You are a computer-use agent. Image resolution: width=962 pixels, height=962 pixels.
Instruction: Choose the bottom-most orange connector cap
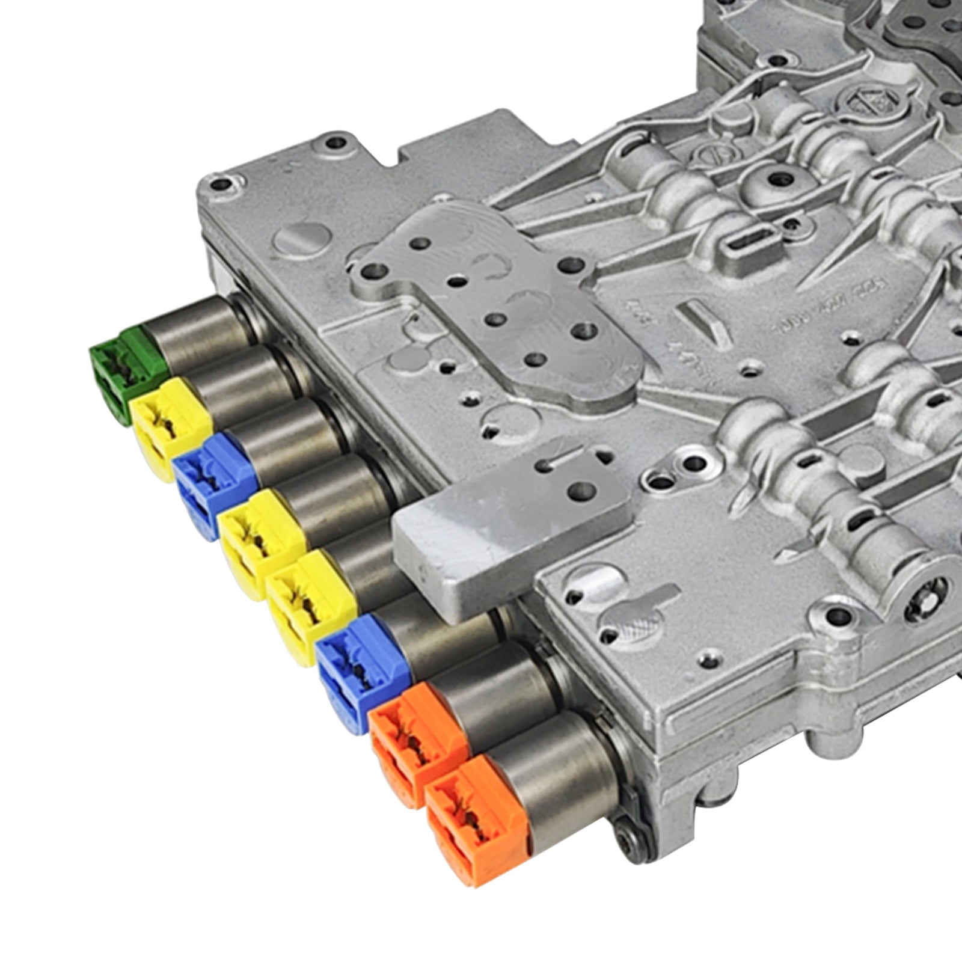475,818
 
